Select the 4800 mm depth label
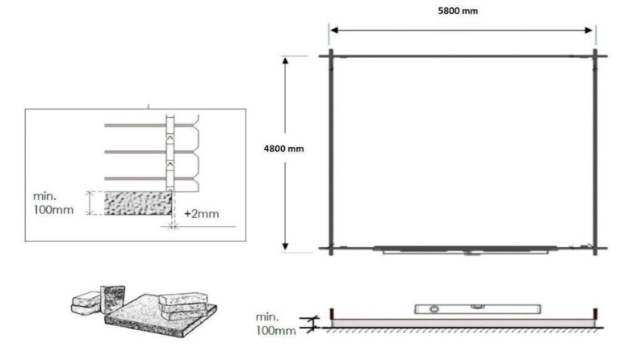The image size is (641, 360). tap(284, 149)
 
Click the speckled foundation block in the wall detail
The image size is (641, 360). tap(130, 203)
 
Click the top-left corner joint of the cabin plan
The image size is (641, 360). tap(331, 56)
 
